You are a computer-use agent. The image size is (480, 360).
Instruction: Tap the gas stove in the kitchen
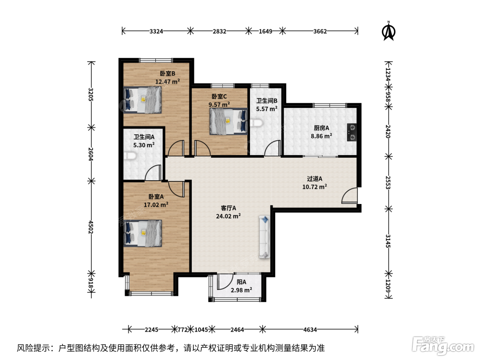(x=352, y=132)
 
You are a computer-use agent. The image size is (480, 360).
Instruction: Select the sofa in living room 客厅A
(x=265, y=237)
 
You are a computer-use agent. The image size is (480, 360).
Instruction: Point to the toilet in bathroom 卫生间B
(x=256, y=123)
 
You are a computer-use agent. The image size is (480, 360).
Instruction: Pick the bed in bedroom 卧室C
(x=229, y=121)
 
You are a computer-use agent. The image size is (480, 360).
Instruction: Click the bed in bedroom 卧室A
(x=143, y=233)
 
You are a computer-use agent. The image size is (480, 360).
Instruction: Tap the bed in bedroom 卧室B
(x=142, y=100)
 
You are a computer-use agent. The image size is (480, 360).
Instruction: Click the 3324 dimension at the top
(x=156, y=31)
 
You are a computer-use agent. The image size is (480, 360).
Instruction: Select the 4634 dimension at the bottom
(x=310, y=329)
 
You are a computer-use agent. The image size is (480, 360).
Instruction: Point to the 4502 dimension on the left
(x=91, y=227)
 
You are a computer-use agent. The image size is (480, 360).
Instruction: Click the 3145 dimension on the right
(x=388, y=241)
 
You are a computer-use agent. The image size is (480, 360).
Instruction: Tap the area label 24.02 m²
(x=228, y=216)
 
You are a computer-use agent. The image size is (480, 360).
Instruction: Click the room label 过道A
(x=314, y=179)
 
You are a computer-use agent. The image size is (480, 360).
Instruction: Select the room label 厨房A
(x=321, y=128)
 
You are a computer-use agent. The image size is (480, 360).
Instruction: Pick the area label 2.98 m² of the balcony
(x=241, y=290)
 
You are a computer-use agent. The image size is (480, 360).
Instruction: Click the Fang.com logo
(x=443, y=346)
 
